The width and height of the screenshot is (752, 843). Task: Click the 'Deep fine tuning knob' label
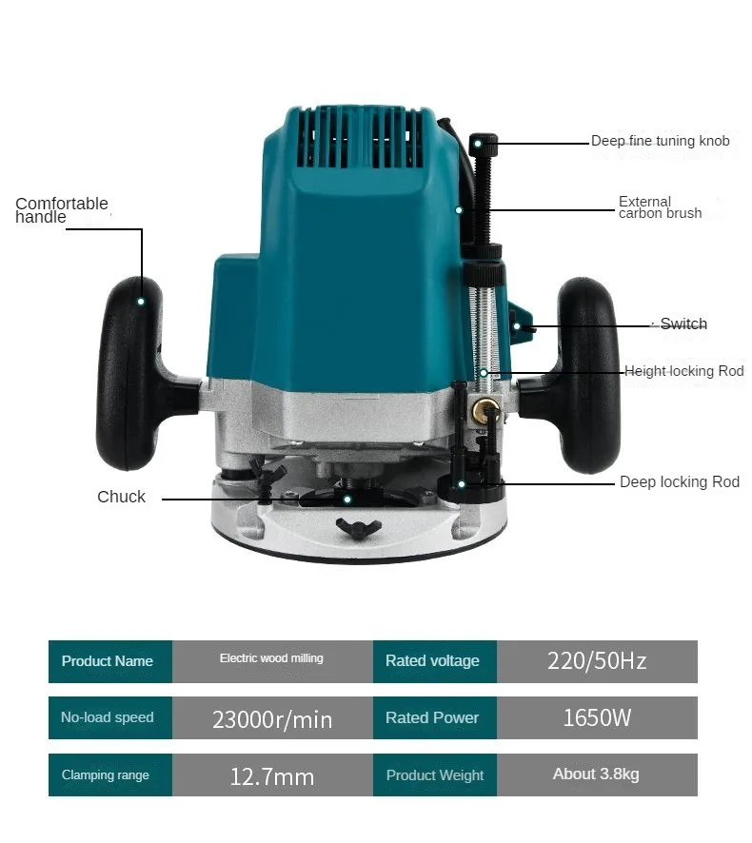click(660, 141)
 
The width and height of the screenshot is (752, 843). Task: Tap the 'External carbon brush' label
click(660, 207)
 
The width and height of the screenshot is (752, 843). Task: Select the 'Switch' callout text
click(683, 324)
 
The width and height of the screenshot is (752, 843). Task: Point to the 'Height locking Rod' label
click(683, 371)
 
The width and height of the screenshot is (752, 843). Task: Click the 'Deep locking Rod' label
click(679, 482)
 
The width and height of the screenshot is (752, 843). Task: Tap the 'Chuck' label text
click(121, 497)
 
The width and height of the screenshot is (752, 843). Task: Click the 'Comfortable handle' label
click(62, 210)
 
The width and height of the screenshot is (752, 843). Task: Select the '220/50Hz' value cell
click(597, 661)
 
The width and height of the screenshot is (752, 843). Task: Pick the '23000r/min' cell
click(272, 718)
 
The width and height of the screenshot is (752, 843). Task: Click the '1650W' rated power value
click(597, 717)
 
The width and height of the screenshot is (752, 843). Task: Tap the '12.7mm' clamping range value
click(272, 775)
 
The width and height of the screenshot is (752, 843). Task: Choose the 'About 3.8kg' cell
click(597, 774)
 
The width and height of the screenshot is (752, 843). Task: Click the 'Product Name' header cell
click(108, 661)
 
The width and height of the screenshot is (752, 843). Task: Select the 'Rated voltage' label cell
click(432, 661)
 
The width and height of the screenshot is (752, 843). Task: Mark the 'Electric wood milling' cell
click(272, 659)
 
